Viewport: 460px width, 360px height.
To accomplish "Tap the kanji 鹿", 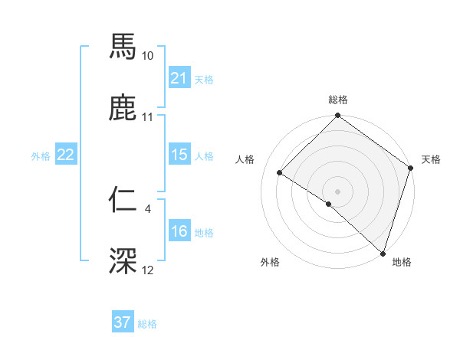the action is pos(123,108).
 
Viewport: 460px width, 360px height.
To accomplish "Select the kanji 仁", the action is pos(123,198).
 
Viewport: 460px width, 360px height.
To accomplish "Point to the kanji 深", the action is pos(123,261).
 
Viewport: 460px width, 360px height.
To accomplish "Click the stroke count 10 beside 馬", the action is pos(148,56).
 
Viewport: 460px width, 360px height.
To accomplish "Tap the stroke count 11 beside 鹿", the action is pos(148,118).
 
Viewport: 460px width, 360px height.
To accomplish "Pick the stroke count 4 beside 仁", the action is pos(147,208).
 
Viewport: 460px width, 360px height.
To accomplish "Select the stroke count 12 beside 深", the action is pos(148,271).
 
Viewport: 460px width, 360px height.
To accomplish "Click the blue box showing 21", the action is pos(179,77).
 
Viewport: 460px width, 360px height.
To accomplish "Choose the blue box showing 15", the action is pos(179,155).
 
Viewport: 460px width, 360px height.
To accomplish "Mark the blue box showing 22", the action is pos(65,155).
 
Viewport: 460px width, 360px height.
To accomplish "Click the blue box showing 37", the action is pos(122,322).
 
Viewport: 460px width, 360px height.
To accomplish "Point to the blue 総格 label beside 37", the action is pos(147,324).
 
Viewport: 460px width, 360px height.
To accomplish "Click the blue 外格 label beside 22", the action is pos(41,156).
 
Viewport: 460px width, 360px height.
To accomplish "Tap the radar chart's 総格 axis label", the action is pos(337,100).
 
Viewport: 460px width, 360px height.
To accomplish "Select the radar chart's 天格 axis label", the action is pos(431,159).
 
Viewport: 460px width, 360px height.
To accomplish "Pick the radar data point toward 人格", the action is pos(280,173).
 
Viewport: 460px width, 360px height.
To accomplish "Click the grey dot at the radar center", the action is pos(337,191).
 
